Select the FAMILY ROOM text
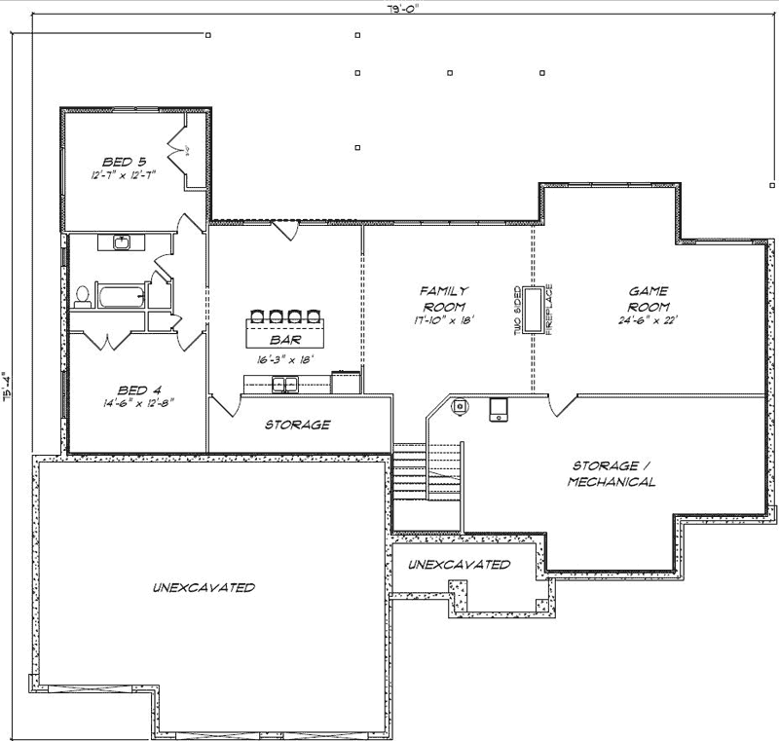[444, 297]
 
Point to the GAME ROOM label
[646, 297]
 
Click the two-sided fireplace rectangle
[534, 309]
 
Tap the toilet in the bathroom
[83, 295]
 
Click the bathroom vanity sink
[123, 241]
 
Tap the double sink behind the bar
[284, 386]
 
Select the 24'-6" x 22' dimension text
[646, 320]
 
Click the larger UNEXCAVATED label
[204, 587]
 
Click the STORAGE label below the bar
[298, 425]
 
